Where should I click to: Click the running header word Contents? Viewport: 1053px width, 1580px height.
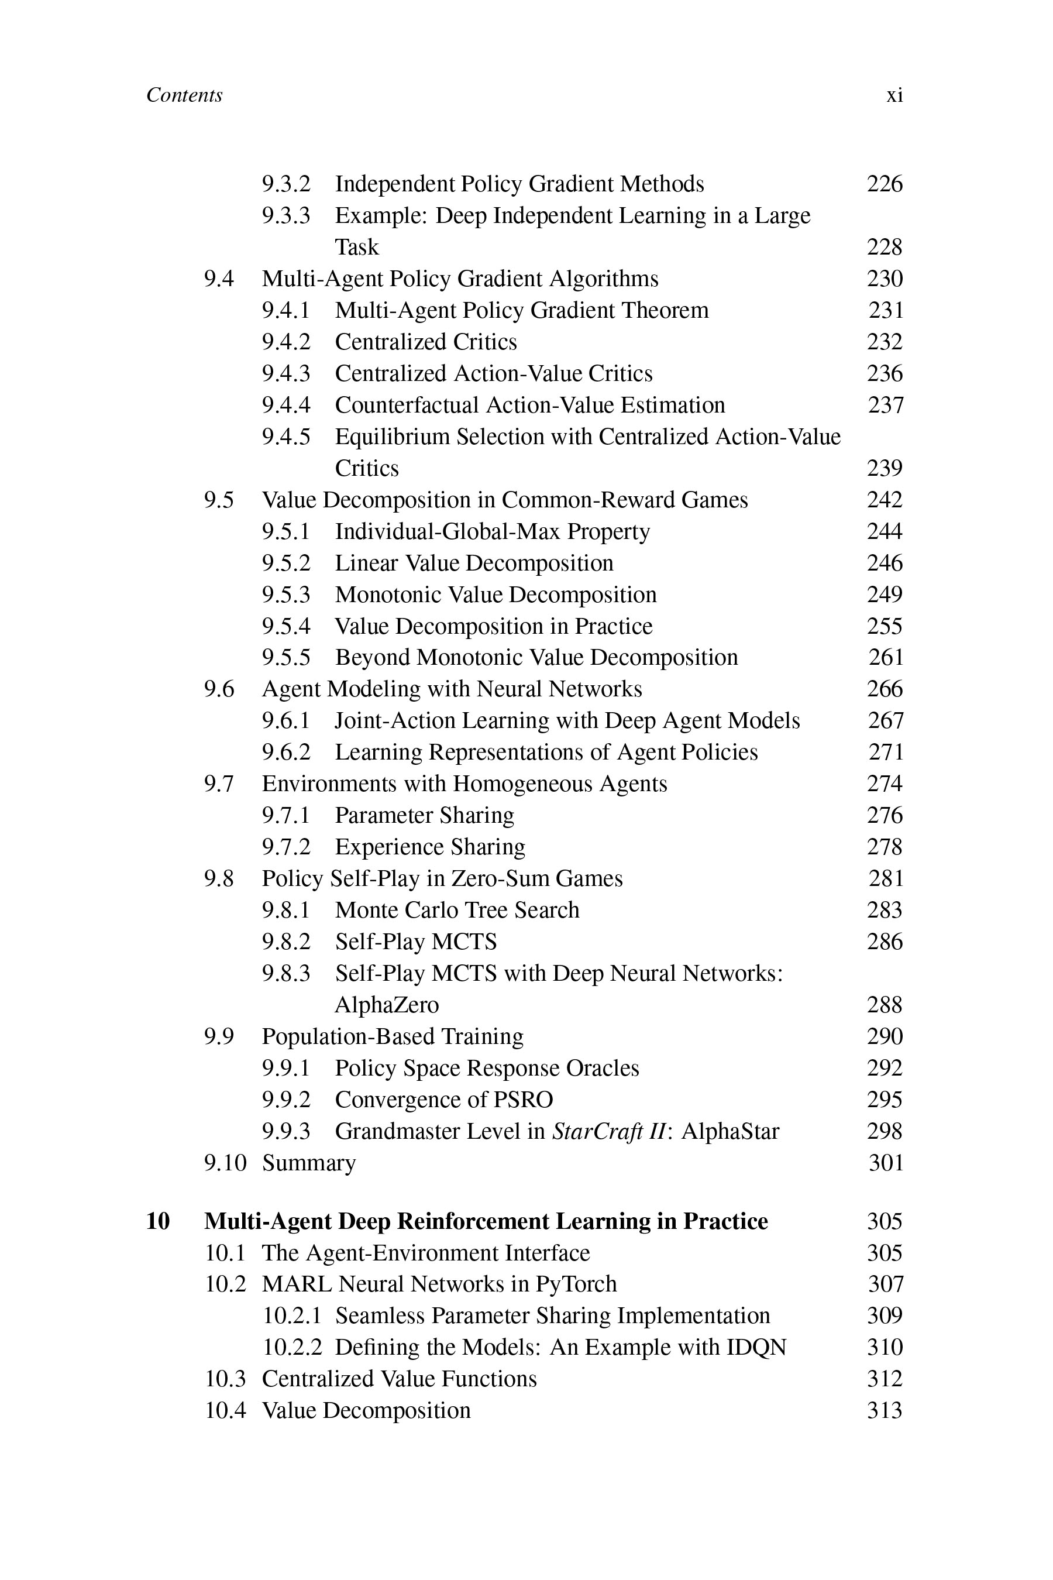coord(184,95)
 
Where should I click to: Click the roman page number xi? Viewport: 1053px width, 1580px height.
coord(894,95)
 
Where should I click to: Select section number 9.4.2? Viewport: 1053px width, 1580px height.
coord(286,342)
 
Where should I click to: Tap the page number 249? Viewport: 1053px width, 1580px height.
coord(885,595)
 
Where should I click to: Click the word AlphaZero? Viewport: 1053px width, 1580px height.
coord(387,1005)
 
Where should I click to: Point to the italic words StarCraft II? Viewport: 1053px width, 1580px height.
coord(608,1131)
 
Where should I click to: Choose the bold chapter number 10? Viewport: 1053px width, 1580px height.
coord(158,1221)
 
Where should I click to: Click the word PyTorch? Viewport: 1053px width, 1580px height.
coord(576,1284)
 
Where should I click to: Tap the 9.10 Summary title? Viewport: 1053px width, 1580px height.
coord(309,1163)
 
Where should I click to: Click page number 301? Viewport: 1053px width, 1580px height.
coord(886,1163)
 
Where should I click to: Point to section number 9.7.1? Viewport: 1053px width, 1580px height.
coord(286,816)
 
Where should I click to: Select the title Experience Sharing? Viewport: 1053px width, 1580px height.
coord(430,847)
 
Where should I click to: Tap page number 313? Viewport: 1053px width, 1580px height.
coord(885,1410)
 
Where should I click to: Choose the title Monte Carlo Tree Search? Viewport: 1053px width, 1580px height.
coord(457,910)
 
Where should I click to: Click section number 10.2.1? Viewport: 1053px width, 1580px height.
coord(292,1315)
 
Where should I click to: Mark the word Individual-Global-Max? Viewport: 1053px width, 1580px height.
coord(448,531)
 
